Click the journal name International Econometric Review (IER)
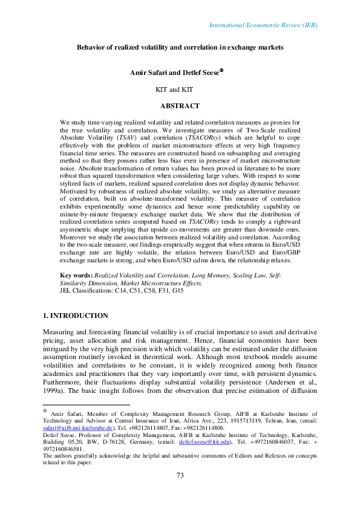pyautogui.click(x=263, y=25)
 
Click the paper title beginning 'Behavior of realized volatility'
pyautogui.click(x=180, y=47)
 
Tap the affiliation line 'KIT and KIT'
pyautogui.click(x=180, y=89)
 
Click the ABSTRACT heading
pyautogui.click(x=180, y=106)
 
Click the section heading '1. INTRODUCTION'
pyautogui.click(x=76, y=316)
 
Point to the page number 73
pyautogui.click(x=180, y=493)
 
